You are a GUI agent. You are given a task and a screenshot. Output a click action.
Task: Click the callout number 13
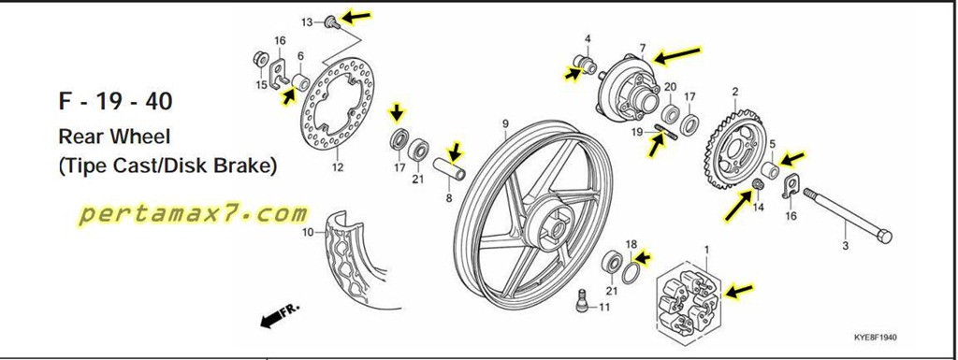(307, 22)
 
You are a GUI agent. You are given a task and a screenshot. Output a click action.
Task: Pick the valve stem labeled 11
(582, 299)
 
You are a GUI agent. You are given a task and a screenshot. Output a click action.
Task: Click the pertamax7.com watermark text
(193, 213)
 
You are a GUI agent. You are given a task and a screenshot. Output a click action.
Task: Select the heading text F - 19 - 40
(115, 101)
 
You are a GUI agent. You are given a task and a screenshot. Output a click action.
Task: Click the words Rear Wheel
(114, 137)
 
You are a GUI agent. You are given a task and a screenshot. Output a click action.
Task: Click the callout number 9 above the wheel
(505, 123)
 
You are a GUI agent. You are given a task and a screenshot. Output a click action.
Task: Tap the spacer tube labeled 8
(449, 169)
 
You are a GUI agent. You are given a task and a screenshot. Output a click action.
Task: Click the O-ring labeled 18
(631, 271)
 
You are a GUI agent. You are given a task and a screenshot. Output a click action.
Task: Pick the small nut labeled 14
(757, 184)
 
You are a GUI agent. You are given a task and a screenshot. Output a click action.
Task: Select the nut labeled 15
(261, 59)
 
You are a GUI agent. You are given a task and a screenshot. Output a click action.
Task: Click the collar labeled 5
(771, 170)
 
